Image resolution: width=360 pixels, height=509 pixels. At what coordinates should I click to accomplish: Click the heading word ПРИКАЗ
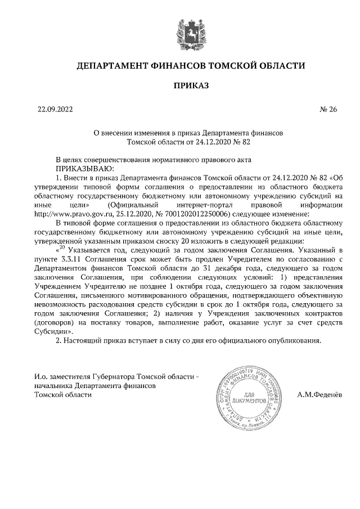191,85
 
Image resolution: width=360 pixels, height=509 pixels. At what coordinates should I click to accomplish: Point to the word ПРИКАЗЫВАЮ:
84,168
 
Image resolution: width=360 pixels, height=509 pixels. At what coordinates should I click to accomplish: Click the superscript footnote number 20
63,248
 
